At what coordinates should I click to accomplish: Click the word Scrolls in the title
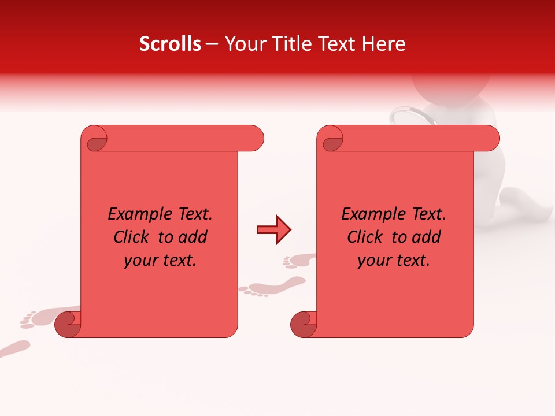170,44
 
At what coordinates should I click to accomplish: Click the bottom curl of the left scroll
67,324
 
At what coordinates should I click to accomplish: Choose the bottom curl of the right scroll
303,324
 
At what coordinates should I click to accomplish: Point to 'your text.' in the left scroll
160,261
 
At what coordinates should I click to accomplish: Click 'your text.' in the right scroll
394,261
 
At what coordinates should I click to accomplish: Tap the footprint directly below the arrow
272,286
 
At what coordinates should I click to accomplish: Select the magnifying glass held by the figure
408,115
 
